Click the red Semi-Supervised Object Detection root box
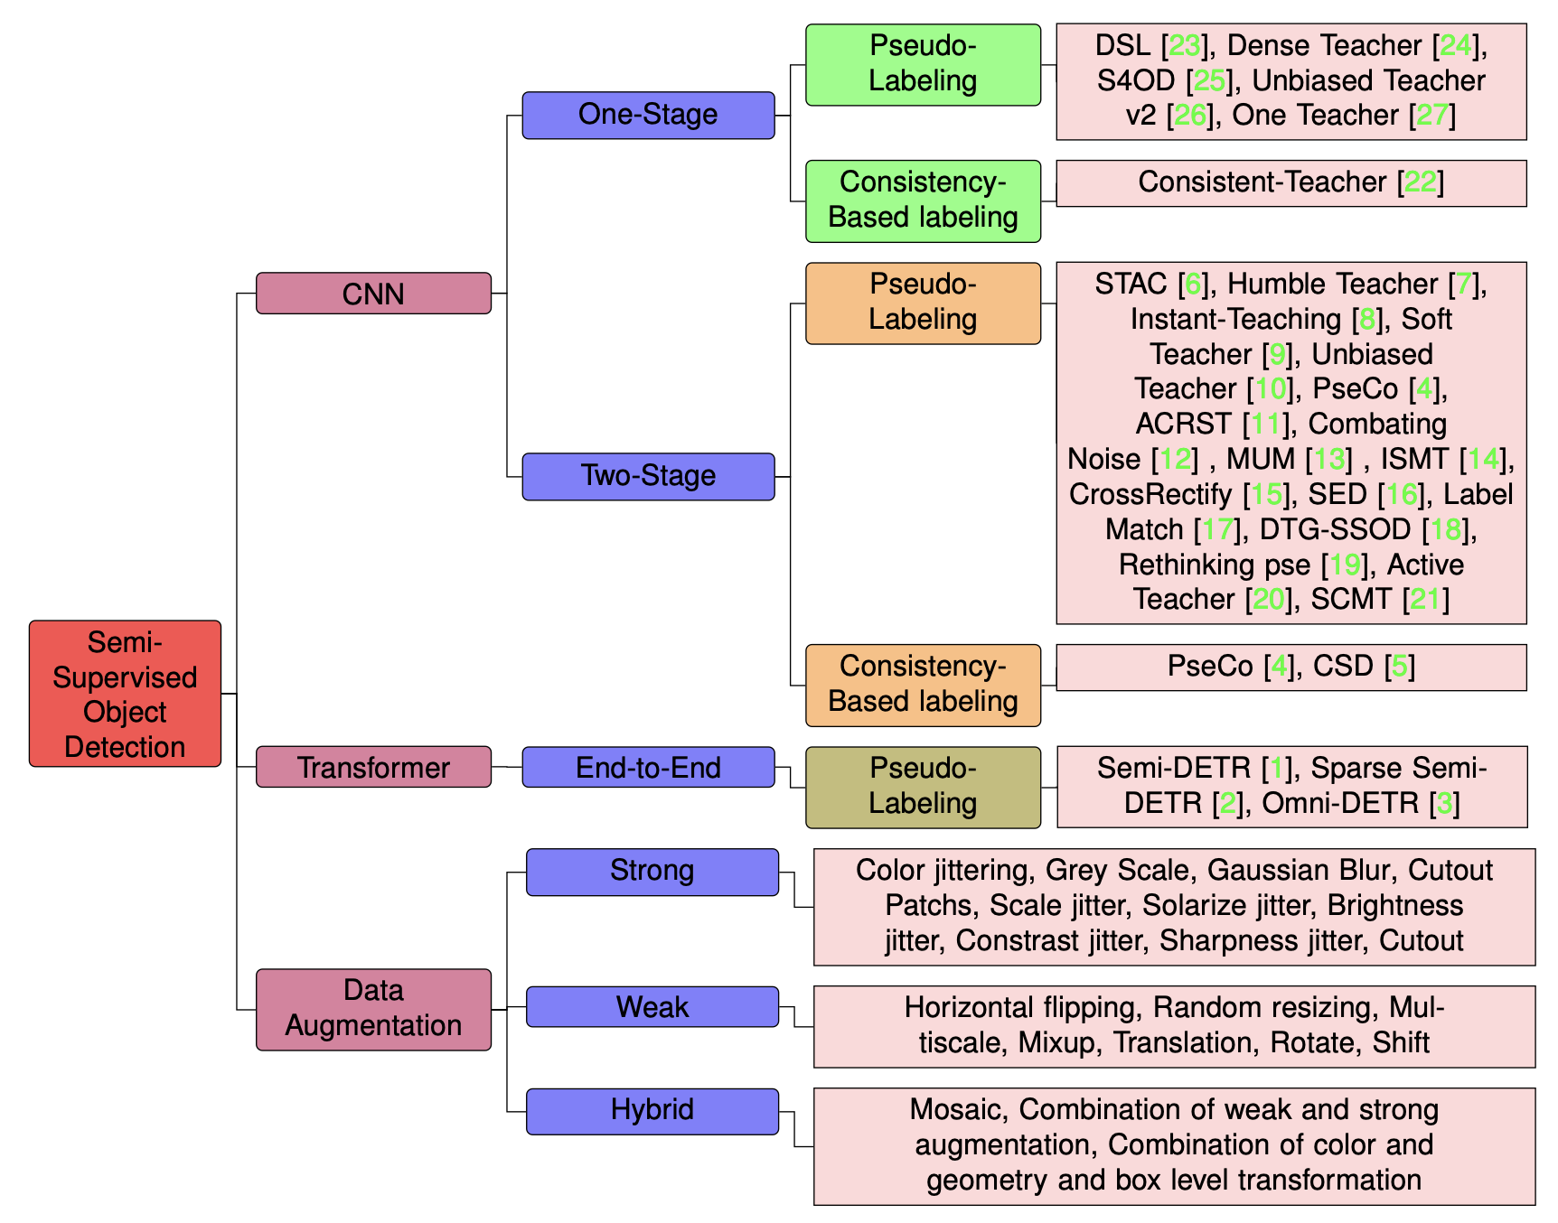125,694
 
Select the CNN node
373,294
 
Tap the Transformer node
373,767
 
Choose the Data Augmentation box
373,1009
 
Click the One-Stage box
648,115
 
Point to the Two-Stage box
648,476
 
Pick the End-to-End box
648,767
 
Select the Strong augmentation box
652,872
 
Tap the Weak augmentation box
652,1006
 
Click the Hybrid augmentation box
652,1110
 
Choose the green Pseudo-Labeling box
923,64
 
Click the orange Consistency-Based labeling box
923,685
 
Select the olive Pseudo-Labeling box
923,787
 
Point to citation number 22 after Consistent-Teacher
1420,182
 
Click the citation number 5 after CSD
1400,667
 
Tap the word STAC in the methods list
1131,285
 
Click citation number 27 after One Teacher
1432,116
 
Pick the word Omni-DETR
1340,803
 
